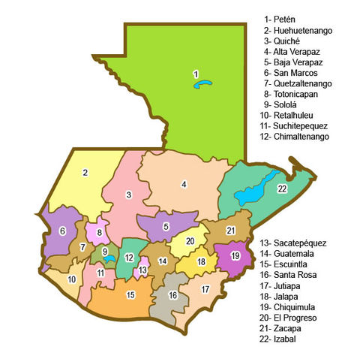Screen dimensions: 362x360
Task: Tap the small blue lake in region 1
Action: click(x=202, y=85)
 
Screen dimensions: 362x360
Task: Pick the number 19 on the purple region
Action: click(x=235, y=256)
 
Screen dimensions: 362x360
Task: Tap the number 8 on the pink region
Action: click(x=98, y=233)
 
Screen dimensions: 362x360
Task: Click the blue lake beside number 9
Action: click(x=110, y=258)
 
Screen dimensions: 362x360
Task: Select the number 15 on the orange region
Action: click(x=130, y=294)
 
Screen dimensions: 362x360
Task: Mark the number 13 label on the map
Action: click(x=142, y=269)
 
